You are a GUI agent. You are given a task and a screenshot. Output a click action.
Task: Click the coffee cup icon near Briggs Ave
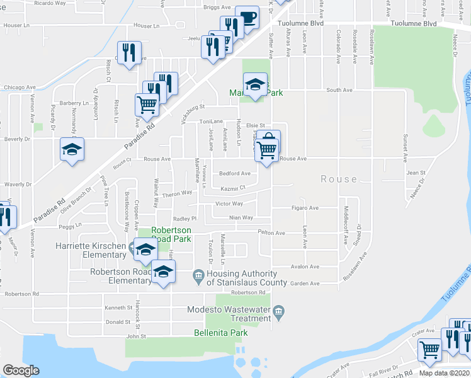[x=247, y=18]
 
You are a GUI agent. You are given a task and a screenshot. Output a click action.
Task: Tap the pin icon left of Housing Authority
[x=198, y=275]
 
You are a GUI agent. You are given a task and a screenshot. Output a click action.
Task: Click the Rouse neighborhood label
[x=339, y=179]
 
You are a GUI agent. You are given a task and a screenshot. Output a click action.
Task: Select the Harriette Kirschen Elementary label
[x=91, y=250]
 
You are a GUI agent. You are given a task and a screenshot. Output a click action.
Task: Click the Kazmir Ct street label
[x=232, y=188]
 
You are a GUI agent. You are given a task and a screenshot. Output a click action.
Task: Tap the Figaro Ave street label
[x=304, y=207]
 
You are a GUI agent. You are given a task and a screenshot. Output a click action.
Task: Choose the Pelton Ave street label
[x=271, y=232]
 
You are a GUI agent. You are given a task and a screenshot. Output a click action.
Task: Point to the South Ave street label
[x=339, y=90]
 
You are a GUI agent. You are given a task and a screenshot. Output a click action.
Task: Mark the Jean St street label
[x=416, y=172]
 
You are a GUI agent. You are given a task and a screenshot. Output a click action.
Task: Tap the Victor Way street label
[x=229, y=203]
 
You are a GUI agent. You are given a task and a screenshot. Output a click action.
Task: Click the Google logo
[x=21, y=370]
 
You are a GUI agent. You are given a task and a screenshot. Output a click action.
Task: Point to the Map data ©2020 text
[x=443, y=373]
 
